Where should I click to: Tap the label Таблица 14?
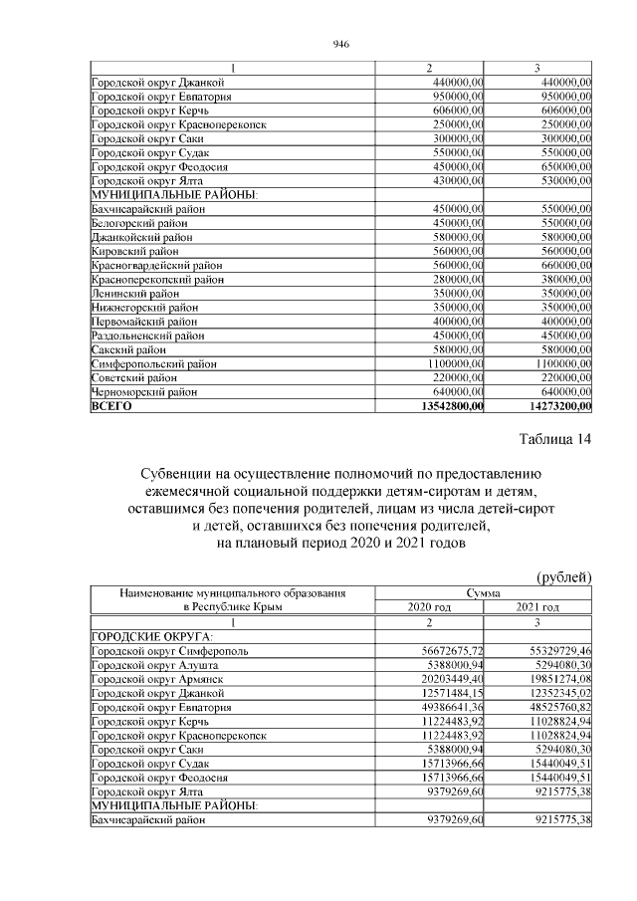(x=555, y=440)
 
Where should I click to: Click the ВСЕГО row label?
(x=111, y=406)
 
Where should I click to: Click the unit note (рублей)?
(x=564, y=576)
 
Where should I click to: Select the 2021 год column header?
(x=537, y=607)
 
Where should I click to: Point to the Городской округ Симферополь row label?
(x=163, y=650)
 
